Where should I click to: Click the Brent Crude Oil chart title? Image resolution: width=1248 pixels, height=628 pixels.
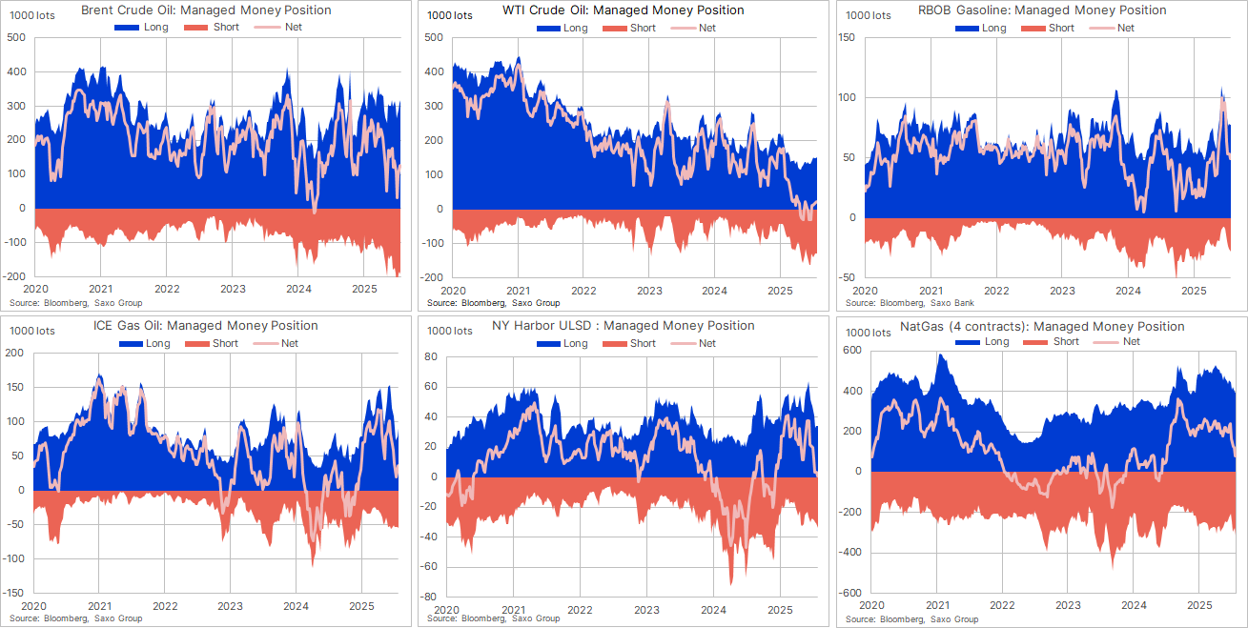point(206,10)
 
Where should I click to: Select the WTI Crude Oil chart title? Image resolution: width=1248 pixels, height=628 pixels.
point(624,10)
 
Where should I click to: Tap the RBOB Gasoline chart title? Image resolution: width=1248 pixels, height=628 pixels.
point(1041,10)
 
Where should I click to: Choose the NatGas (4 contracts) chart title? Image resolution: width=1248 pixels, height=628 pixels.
point(1042,326)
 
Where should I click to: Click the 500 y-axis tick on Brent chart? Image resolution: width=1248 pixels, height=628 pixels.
point(15,38)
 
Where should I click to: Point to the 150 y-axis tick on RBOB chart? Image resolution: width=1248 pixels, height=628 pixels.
point(846,38)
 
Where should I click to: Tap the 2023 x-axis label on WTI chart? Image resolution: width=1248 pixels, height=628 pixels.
point(649,290)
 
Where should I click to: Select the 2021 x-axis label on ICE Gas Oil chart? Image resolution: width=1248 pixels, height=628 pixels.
point(100,605)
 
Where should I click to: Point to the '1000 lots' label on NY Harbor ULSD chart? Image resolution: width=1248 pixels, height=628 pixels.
point(450,332)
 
